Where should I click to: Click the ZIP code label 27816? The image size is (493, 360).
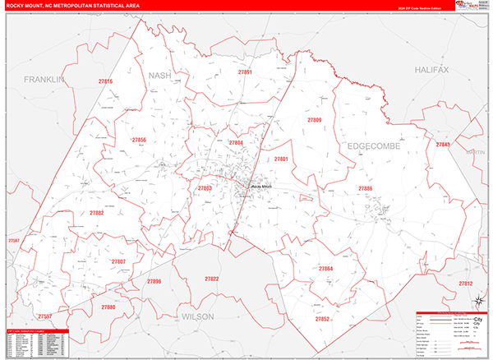pos(105,82)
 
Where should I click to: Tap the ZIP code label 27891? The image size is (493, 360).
pos(245,73)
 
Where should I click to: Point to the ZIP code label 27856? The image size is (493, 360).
pos(139,141)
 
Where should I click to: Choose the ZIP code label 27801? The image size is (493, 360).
pos(281,159)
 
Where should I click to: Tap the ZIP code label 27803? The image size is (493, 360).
pos(205,188)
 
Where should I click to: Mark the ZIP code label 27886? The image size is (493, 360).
pos(365,189)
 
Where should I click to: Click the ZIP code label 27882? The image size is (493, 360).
pos(97,213)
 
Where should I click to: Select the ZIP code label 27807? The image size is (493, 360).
pos(118,261)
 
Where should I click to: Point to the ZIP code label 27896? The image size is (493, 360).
pos(154,282)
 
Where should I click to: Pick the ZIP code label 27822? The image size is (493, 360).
pos(211,279)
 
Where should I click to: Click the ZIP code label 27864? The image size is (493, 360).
pos(326,269)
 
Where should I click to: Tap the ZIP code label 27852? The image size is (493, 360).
pos(322,319)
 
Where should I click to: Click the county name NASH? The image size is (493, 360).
pos(159,76)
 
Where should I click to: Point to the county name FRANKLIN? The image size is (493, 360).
pos(44,80)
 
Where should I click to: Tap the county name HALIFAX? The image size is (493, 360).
pos(432,71)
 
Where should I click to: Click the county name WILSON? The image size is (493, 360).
pos(197,316)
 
